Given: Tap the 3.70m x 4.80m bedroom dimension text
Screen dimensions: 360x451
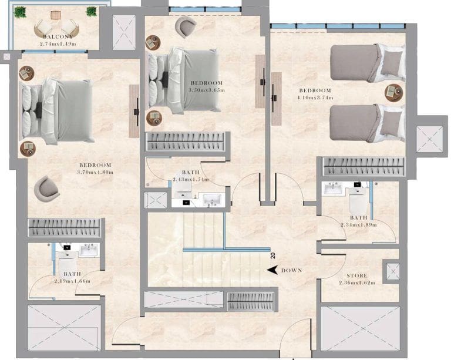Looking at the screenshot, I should point(95,172).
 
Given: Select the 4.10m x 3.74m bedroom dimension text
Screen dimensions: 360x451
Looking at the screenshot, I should point(316,97).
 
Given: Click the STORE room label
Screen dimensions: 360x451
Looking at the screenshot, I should point(356,275).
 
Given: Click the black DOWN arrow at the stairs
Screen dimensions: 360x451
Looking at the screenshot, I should point(272,270).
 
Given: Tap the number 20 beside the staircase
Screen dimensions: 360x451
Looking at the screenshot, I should point(272,255).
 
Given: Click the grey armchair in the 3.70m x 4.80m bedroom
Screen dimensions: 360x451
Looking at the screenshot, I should point(46,189).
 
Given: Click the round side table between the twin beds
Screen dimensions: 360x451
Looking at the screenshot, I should point(392,92).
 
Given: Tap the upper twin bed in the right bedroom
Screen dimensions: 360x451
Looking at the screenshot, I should point(367,62).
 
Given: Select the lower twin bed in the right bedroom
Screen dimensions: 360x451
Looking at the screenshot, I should point(367,123).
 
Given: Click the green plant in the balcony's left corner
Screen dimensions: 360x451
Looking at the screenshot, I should point(21,12).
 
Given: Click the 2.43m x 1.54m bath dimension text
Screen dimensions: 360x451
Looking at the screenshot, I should point(191,179).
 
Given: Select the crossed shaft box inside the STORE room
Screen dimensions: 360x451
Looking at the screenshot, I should point(391,272).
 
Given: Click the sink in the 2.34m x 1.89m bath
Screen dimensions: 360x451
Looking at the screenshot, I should point(334,189).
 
